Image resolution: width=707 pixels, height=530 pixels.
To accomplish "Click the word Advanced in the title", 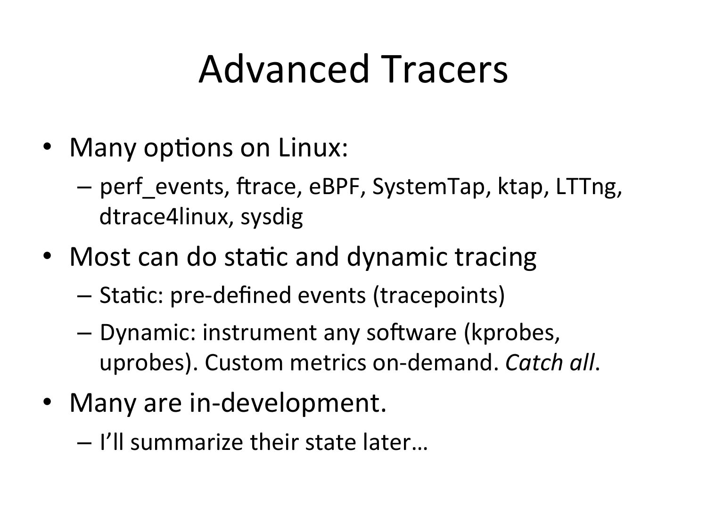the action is tap(284, 70).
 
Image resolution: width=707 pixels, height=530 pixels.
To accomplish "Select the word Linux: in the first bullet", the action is tap(313, 148).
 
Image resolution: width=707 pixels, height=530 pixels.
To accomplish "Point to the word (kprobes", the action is tap(512, 333).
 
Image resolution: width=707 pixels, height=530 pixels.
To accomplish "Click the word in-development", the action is tap(288, 404).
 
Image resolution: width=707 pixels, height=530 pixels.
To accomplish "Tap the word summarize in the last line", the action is tap(187, 442).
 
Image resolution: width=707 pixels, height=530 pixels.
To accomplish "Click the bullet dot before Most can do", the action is tap(47, 256).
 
